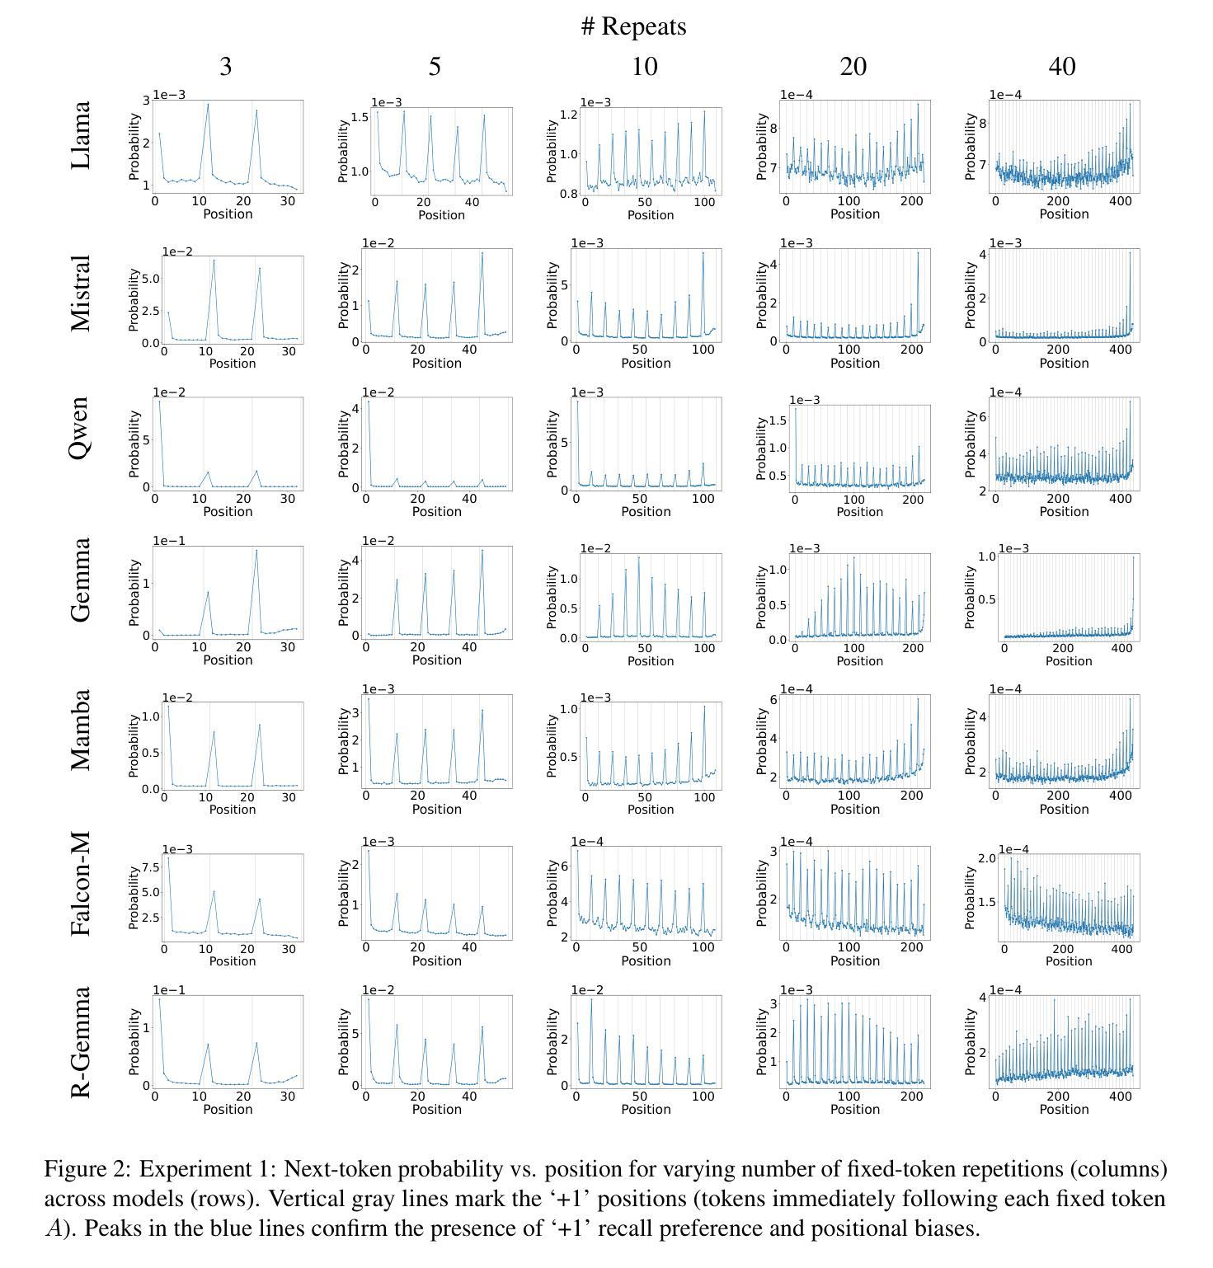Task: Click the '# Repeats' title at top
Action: point(633,26)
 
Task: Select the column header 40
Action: point(1062,66)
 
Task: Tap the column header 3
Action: point(225,66)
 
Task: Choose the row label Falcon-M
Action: point(80,884)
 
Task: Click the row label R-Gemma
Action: point(80,1042)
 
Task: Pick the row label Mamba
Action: point(80,730)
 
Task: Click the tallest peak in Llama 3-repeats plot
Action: point(208,104)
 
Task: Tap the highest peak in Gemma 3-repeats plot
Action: point(256,550)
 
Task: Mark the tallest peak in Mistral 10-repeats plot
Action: point(703,252)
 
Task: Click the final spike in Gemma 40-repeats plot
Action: point(1134,557)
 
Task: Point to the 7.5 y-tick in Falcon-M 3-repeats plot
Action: point(149,866)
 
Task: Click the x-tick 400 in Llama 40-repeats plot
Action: point(1121,201)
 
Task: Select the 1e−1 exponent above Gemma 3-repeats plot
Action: point(169,541)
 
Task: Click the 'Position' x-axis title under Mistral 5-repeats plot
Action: point(436,363)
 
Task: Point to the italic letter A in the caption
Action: point(54,1228)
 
